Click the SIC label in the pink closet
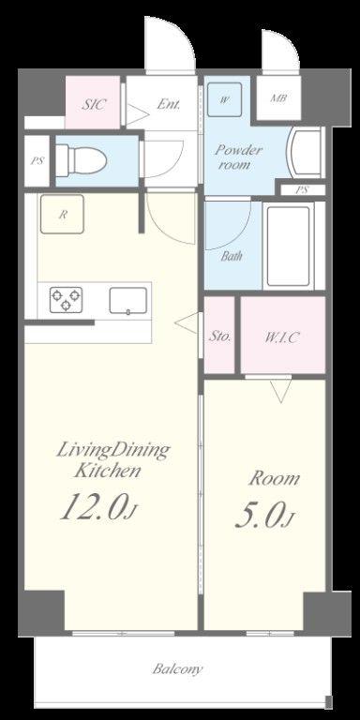coord(94,105)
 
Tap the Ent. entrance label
coord(168,104)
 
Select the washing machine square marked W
coord(224,99)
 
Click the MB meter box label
coord(278,98)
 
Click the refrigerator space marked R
coord(62,214)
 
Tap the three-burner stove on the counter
coord(67,299)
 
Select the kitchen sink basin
coord(128,301)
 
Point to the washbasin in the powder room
coord(305,153)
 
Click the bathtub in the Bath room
coord(288,246)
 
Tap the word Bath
coord(232,256)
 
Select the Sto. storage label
coord(219,337)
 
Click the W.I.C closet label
coord(282,337)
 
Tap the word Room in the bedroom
coord(274,478)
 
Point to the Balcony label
coord(177,668)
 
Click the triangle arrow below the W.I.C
coord(280,391)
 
